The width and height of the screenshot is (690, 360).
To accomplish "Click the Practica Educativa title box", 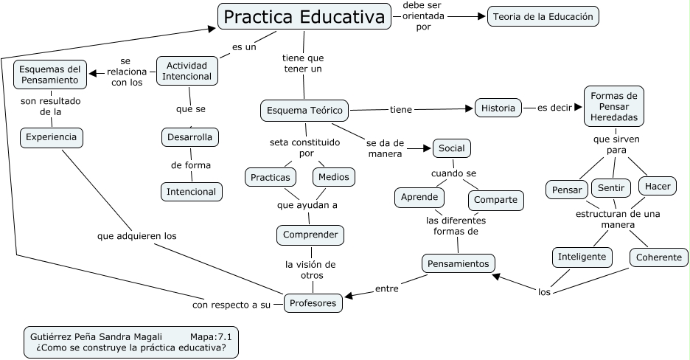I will click(x=304, y=16).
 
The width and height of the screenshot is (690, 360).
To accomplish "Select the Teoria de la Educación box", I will click(x=543, y=16).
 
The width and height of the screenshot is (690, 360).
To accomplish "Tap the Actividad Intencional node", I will click(x=188, y=71).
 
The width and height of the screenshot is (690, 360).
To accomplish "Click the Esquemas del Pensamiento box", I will click(x=50, y=74).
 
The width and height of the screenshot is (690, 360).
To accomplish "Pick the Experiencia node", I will click(x=51, y=137).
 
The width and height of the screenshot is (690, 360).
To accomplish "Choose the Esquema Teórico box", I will click(x=304, y=111).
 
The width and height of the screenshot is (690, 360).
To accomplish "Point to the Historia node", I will click(x=498, y=108).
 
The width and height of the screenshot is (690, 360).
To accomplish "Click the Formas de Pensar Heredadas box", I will click(x=613, y=107).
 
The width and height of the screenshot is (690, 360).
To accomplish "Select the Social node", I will click(x=451, y=148).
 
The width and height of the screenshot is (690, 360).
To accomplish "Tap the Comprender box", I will click(x=310, y=235).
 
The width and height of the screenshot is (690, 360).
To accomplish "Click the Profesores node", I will click(x=313, y=302).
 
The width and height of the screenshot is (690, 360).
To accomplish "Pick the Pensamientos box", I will click(x=458, y=263).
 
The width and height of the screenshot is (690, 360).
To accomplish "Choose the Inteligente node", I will click(x=582, y=257).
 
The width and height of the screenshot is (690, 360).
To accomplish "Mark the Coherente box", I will click(x=659, y=257).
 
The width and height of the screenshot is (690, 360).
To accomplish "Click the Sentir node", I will click(x=610, y=188).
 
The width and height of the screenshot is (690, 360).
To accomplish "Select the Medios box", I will click(x=334, y=177).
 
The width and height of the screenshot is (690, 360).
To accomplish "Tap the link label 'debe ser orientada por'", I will click(x=422, y=16).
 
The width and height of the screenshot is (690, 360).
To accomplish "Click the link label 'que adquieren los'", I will click(x=137, y=236).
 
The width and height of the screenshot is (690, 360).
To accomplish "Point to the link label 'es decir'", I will click(x=554, y=108).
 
